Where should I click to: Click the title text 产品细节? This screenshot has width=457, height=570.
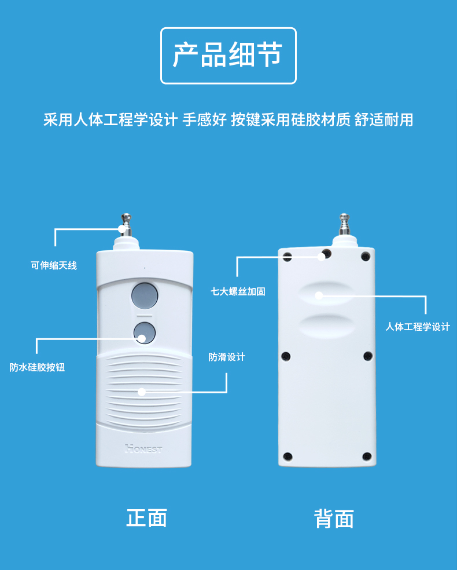click(228, 56)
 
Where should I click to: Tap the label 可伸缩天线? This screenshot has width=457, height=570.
click(54, 266)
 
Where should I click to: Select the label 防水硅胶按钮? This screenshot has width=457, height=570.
click(37, 367)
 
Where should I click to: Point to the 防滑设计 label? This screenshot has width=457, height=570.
click(227, 357)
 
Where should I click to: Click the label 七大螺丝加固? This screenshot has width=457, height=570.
click(238, 291)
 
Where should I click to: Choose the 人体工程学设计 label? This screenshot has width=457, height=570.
click(418, 327)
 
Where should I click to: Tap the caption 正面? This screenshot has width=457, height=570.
click(146, 517)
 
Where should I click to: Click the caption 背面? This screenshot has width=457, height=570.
click(334, 518)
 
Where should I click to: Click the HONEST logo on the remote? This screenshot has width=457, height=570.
click(143, 448)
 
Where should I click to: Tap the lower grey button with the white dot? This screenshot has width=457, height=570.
click(144, 333)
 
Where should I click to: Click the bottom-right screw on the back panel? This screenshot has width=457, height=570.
click(367, 456)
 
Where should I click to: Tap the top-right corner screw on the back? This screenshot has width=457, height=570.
click(365, 257)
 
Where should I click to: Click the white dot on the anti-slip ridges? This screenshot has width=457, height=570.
click(141, 392)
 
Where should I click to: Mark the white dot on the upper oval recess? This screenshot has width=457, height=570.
click(318, 295)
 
